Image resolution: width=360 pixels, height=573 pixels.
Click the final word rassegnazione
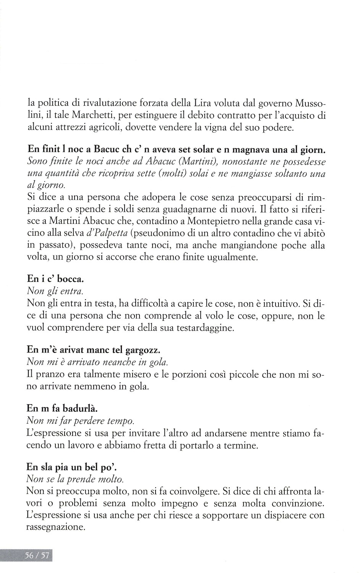pyautogui.click(x=55, y=527)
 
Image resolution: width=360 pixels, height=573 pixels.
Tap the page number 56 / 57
pyautogui.click(x=37, y=555)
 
